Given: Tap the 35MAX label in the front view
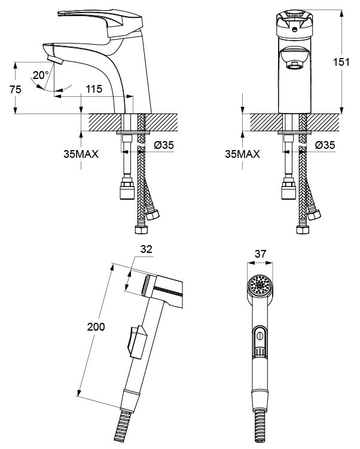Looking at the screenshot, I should coord(243,154).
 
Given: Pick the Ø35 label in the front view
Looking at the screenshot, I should coord(325,145).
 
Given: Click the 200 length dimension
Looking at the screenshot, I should coord(96,326).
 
